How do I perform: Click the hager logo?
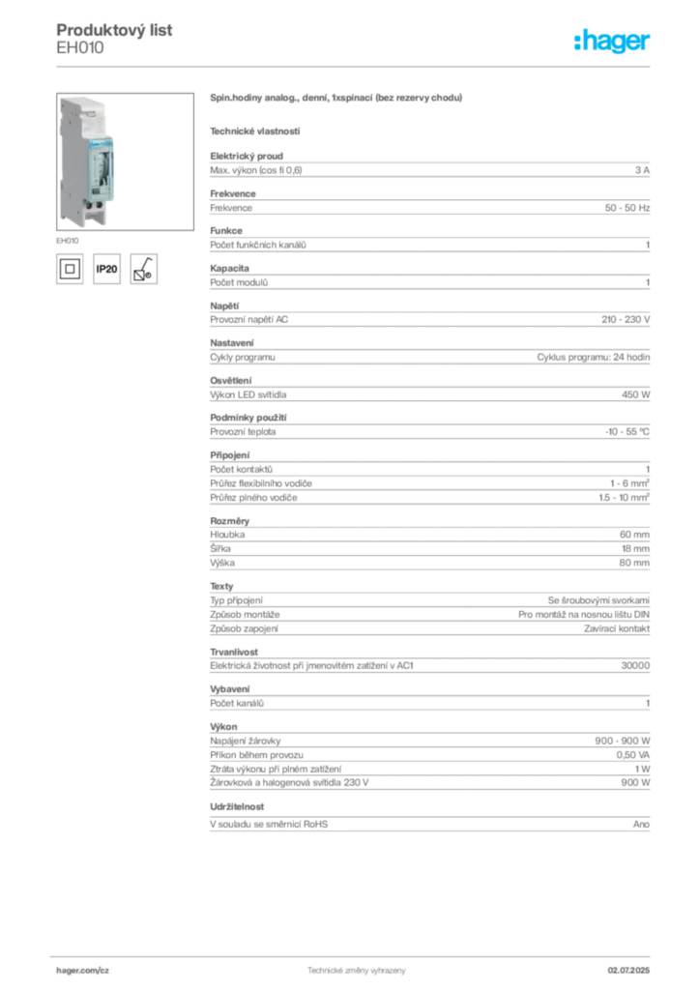(x=612, y=41)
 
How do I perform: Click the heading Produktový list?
(x=114, y=30)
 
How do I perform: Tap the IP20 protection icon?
(x=106, y=269)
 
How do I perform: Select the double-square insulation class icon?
(x=70, y=269)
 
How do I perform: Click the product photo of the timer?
(x=125, y=161)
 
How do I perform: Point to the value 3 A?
(x=642, y=170)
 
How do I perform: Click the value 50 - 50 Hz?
(x=627, y=208)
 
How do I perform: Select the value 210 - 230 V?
(x=626, y=319)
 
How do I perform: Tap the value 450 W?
(x=635, y=394)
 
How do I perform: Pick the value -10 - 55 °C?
(x=627, y=432)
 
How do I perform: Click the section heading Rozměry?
(x=230, y=521)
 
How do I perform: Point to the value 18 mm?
(x=635, y=549)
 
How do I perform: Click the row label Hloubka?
(x=227, y=535)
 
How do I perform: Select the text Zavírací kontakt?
(x=617, y=628)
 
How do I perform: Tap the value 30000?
(x=635, y=665)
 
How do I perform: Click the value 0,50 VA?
(x=633, y=755)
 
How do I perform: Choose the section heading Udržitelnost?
(x=237, y=807)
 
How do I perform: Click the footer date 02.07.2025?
(x=628, y=971)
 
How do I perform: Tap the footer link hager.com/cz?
(x=83, y=971)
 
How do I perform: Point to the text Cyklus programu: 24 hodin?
(x=594, y=358)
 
